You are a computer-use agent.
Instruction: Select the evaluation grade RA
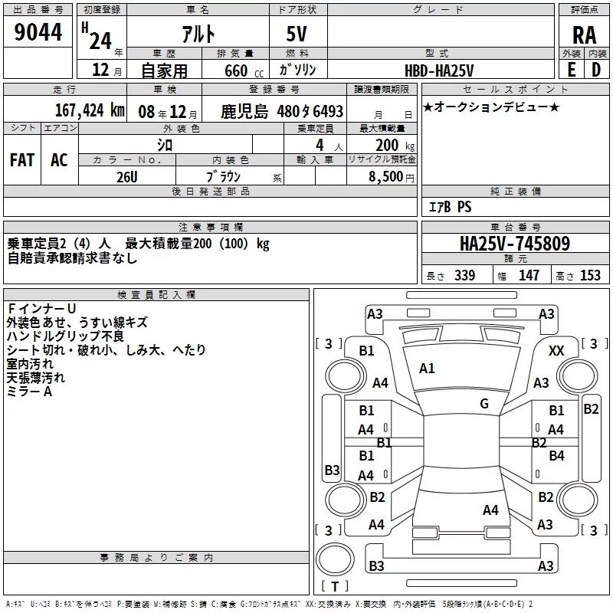[584, 34]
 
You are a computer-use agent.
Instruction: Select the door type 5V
[298, 34]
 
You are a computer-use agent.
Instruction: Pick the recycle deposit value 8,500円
[391, 176]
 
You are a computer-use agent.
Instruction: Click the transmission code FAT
[21, 160]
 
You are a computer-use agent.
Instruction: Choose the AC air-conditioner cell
[59, 160]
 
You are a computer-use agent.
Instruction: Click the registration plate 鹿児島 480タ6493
[282, 111]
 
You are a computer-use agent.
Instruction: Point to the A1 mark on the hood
[427, 369]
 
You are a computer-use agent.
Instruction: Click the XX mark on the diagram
[557, 350]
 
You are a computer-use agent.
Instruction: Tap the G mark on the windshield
[484, 404]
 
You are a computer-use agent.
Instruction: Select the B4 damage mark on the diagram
[556, 456]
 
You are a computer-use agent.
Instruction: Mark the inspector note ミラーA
[29, 391]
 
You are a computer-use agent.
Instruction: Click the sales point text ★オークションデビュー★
[491, 107]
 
